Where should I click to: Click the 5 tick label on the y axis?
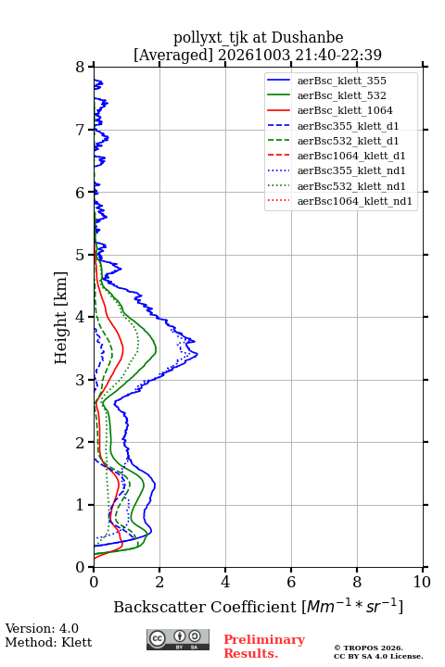tap(80, 255)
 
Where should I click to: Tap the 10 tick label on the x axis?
tap(422, 582)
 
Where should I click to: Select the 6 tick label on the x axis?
tap(291, 582)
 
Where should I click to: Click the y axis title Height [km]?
tap(60, 318)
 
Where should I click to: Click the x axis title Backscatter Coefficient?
tap(204, 607)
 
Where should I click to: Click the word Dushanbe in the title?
tap(307, 38)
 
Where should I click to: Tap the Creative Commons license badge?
tap(178, 639)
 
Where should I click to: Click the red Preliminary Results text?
tap(264, 647)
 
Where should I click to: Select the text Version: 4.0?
tap(42, 628)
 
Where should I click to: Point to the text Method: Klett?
tap(48, 642)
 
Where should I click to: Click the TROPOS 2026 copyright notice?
tap(369, 648)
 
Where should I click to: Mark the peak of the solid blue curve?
tap(197, 354)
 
